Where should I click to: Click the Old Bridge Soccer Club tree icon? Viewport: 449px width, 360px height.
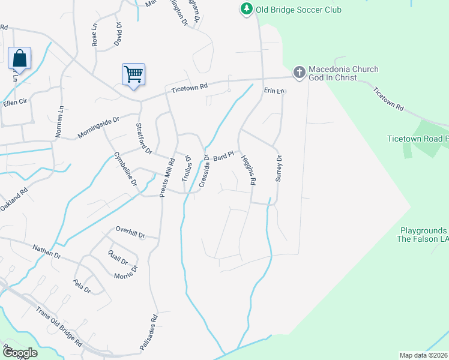[246, 9]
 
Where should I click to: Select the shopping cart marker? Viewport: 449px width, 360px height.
[133, 74]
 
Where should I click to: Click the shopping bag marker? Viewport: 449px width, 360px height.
[20, 59]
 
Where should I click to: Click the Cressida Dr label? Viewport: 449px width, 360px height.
[203, 171]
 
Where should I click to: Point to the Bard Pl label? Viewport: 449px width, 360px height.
[223, 156]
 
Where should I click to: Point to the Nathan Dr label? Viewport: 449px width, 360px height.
[47, 250]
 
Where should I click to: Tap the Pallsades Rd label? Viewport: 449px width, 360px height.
[149, 332]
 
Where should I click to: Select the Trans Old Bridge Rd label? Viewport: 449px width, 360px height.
[59, 328]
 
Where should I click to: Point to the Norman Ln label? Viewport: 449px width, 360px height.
[59, 121]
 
